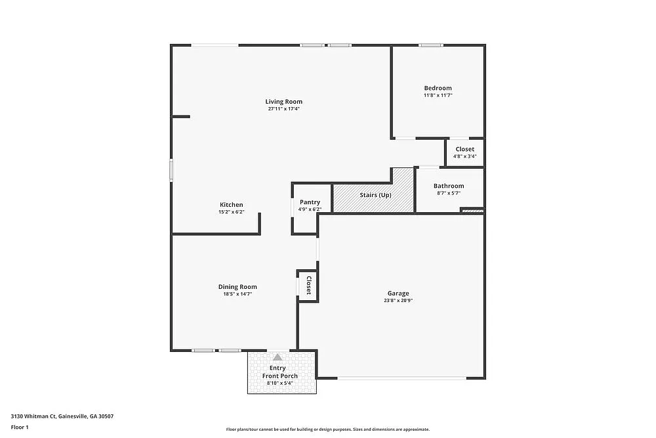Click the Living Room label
tap(283, 101)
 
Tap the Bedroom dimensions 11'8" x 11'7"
tap(438, 95)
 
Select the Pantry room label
tap(310, 202)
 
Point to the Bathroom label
tap(449, 186)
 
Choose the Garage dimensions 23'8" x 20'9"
tap(398, 300)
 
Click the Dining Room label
tap(237, 286)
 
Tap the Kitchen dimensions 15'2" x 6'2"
tap(231, 212)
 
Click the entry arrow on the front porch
tap(277, 357)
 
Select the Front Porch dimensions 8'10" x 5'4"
tap(281, 383)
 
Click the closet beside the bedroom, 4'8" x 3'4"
tap(464, 152)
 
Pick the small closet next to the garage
tap(308, 286)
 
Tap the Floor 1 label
tap(20, 427)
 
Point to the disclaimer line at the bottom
tap(328, 429)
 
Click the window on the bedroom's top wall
tap(431, 45)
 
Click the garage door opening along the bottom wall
tap(401, 378)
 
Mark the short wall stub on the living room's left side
tap(181, 117)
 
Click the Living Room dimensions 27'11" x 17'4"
tap(283, 108)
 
